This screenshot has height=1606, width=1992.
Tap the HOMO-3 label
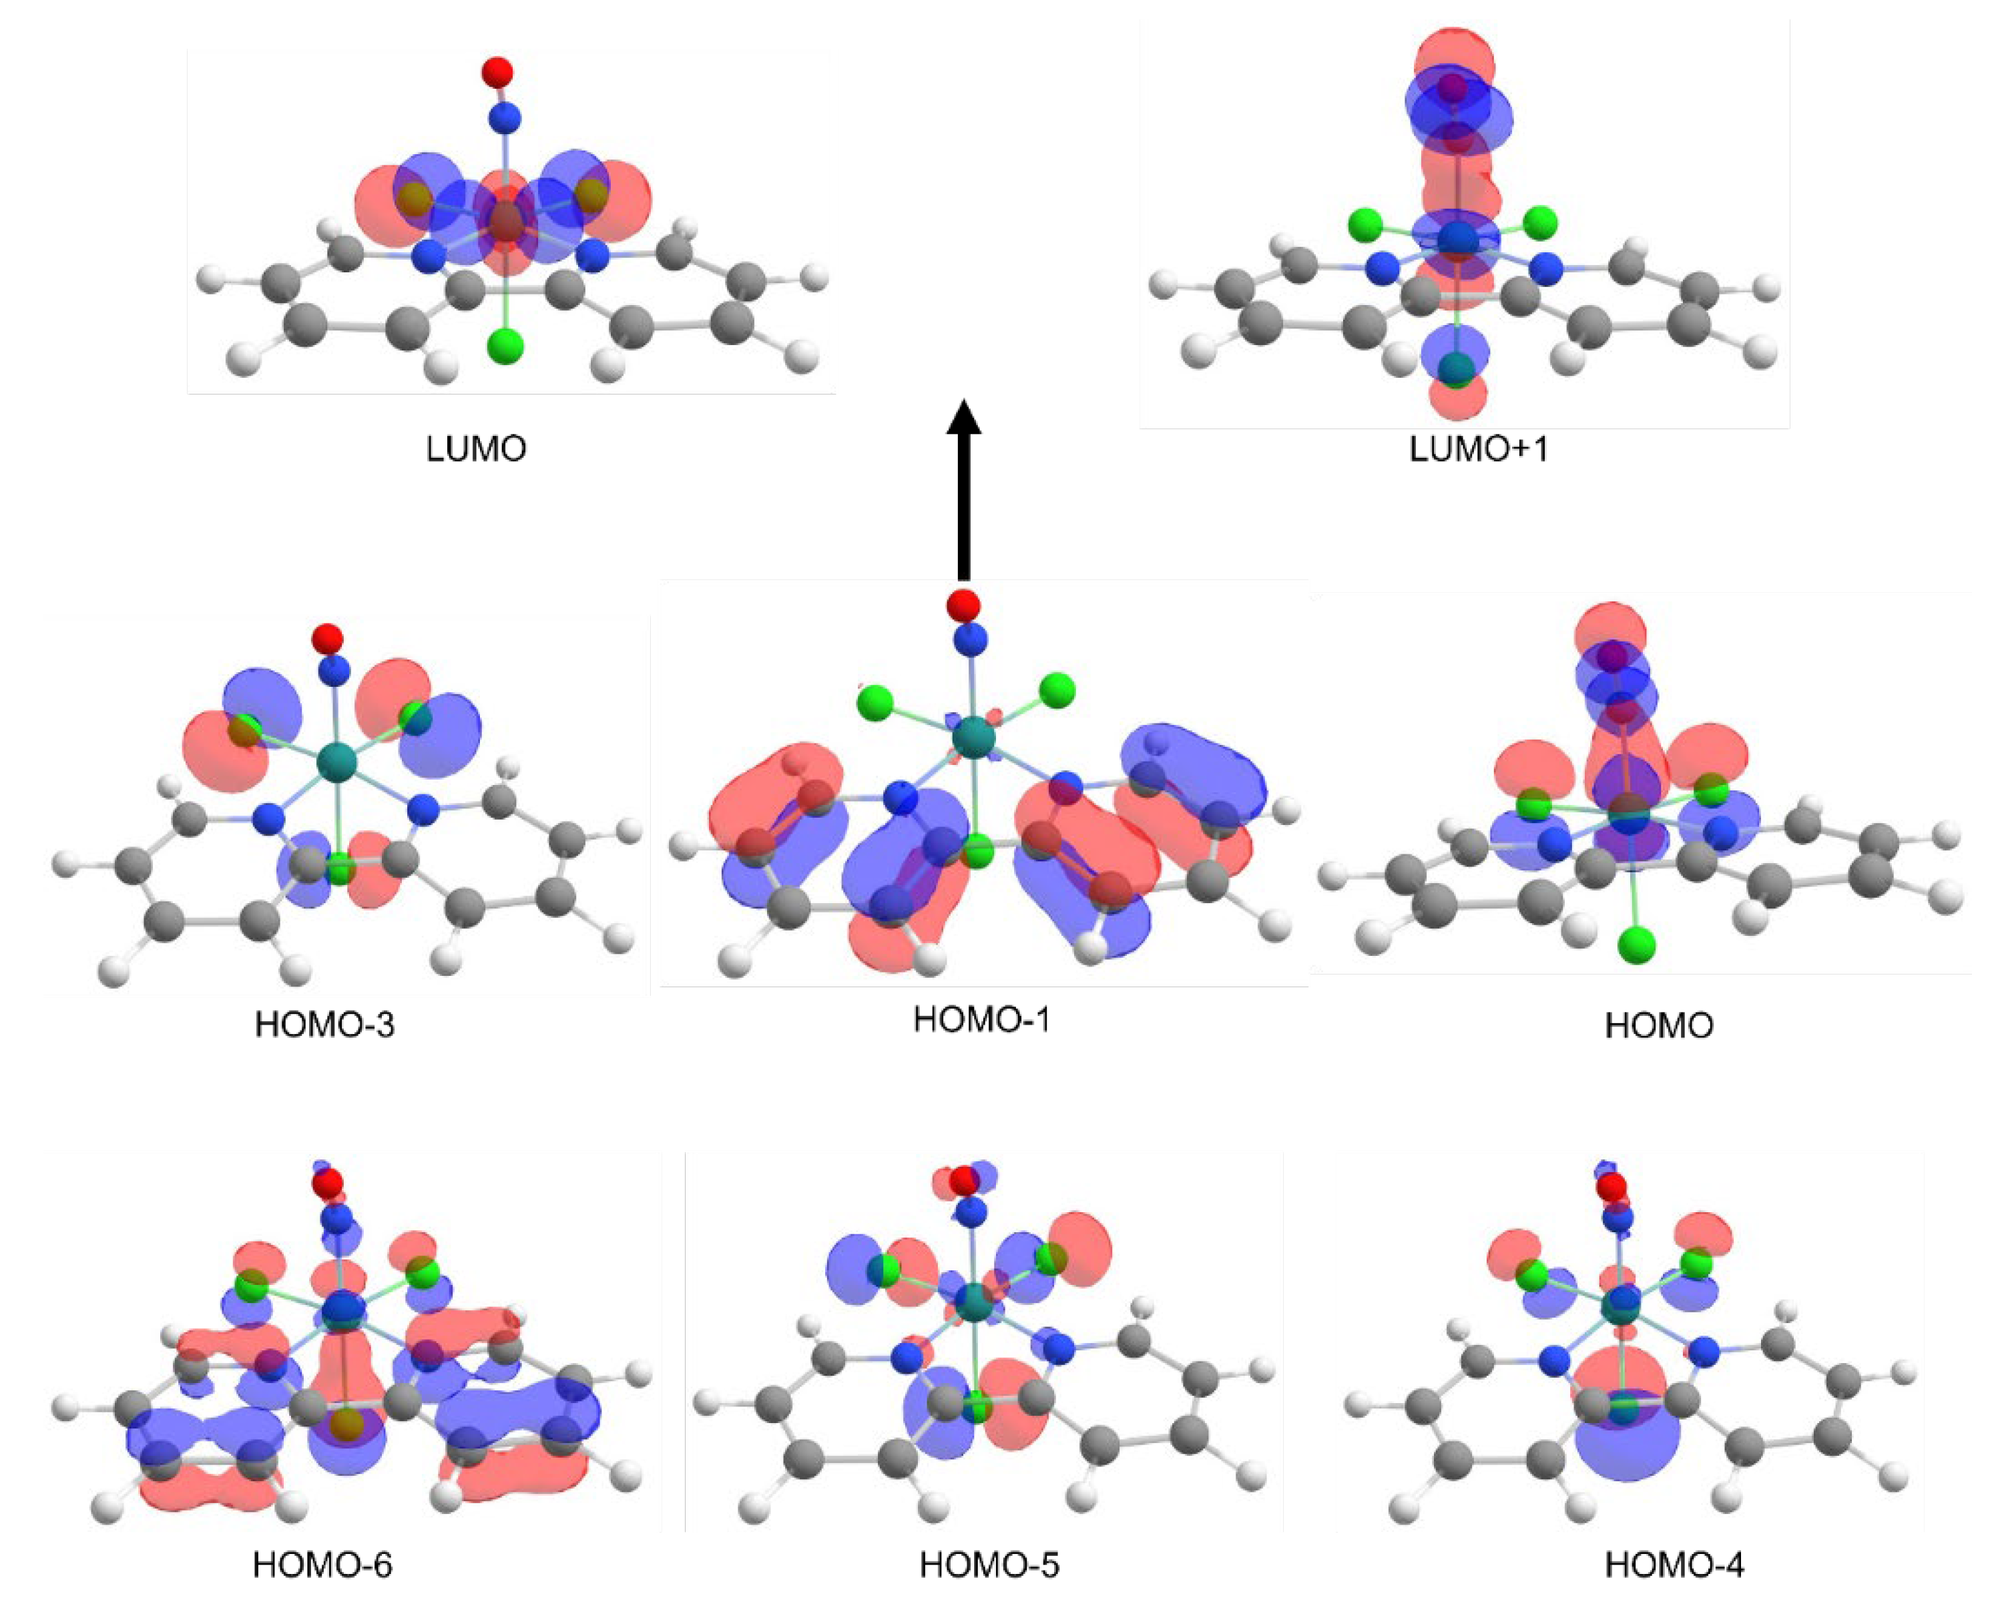(324, 1025)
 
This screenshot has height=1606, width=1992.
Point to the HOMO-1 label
(982, 1019)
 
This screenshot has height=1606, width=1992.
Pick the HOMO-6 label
(323, 1565)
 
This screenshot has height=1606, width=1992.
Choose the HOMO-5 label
(989, 1565)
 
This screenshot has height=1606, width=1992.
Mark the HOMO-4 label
(1675, 1565)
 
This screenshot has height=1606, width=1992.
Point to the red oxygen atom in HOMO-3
(328, 638)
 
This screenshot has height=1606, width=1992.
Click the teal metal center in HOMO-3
(336, 764)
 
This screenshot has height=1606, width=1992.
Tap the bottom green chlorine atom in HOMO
(1637, 945)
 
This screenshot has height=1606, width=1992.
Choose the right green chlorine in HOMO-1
(1057, 690)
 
